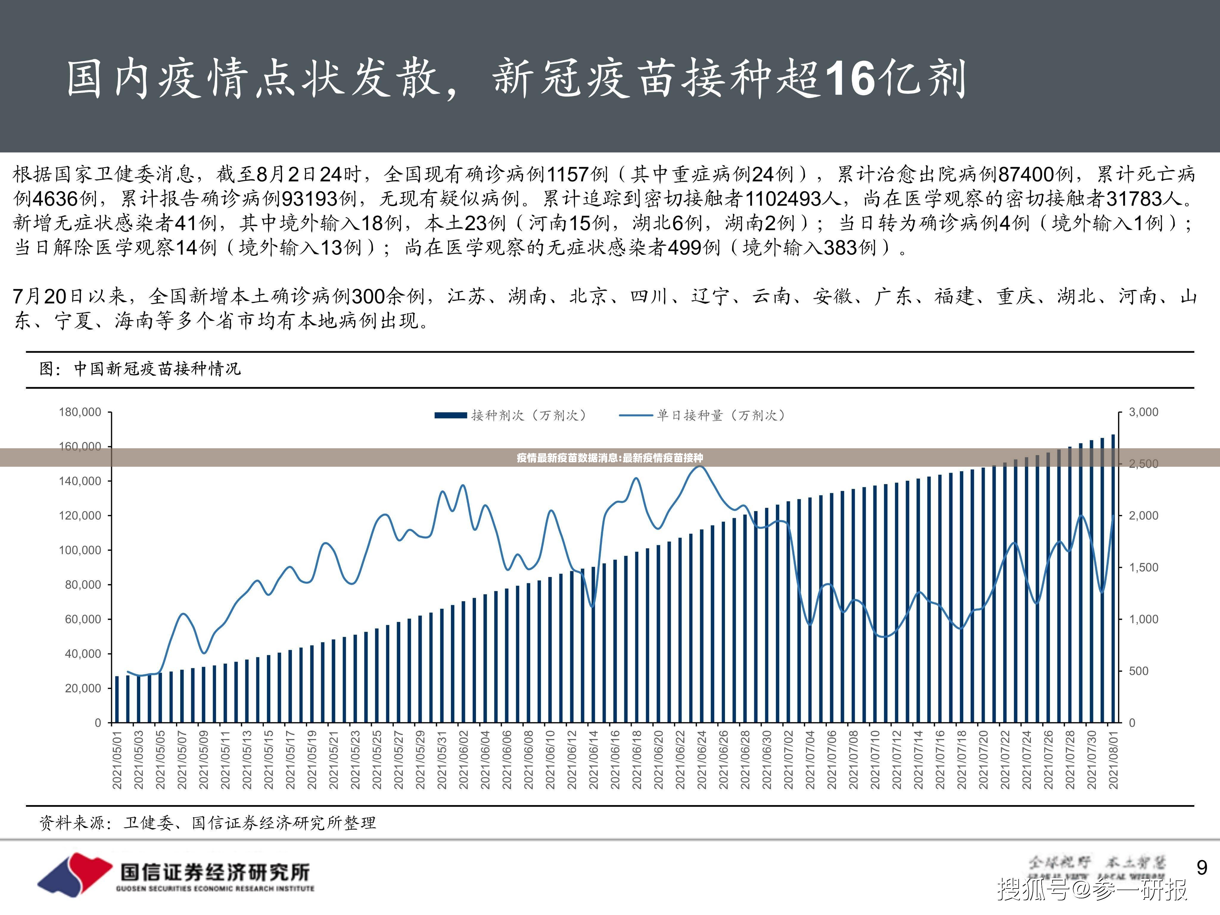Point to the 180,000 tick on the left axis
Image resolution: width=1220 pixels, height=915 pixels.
point(80,412)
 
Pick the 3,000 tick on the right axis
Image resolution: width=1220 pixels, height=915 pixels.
point(1143,412)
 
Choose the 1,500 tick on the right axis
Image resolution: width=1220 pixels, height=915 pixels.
point(1143,567)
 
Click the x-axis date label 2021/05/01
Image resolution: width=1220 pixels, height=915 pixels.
point(117,760)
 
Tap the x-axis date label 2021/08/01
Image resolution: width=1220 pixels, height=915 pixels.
point(1114,760)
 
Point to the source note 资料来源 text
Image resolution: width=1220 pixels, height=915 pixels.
point(207,823)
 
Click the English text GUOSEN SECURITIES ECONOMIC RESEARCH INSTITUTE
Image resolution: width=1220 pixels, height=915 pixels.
point(215,888)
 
